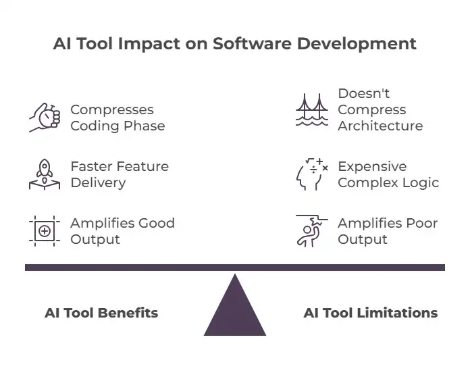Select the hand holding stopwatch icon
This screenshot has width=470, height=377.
45,118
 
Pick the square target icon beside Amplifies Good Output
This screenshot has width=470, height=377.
45,231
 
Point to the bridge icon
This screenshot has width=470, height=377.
312,110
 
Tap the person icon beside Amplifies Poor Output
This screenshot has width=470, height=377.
311,231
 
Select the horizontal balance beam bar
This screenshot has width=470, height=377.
235,268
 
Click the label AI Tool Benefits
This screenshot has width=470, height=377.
101,313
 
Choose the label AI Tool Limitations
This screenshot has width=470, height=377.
370,313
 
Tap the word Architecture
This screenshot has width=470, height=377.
380,126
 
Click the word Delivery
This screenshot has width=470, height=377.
98,182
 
